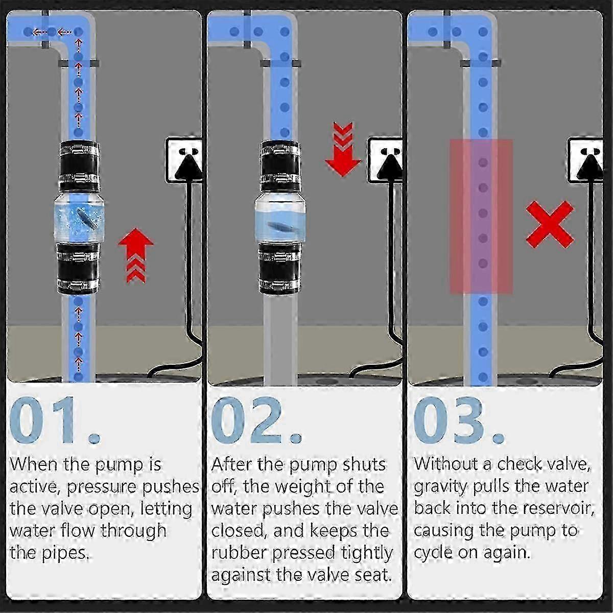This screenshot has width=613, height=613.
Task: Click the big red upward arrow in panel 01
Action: pos(136,255)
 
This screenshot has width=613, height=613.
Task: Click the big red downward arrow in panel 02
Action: pos(343,149)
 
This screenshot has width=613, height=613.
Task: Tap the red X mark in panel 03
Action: pos(550,224)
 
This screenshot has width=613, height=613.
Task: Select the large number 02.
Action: pos(256,420)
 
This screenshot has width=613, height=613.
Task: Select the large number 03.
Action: pos(458,420)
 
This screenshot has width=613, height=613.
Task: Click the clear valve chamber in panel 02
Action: pos(280,218)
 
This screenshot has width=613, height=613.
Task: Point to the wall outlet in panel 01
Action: pos(184,159)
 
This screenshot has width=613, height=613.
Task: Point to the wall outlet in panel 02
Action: pos(385,159)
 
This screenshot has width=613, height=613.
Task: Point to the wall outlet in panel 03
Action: pos(585,159)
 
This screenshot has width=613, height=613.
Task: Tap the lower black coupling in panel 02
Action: pos(279,268)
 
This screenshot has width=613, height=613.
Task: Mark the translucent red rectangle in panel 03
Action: pos(481,216)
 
